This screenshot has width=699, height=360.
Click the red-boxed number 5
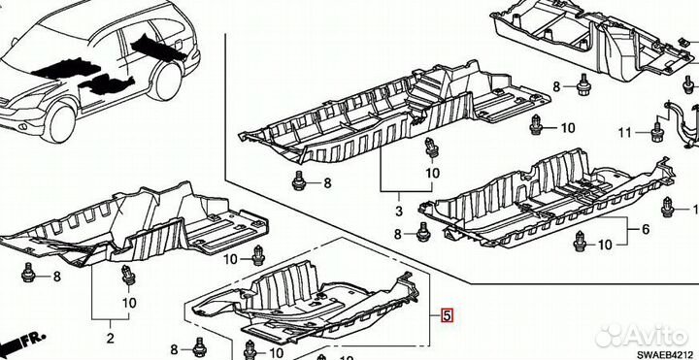click(447, 315)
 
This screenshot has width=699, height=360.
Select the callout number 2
click(110, 338)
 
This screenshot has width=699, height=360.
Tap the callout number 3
click(399, 211)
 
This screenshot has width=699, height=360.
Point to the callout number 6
click(646, 229)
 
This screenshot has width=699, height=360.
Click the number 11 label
click(625, 132)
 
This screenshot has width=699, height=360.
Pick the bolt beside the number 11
click(655, 132)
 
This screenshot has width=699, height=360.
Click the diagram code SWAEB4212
click(674, 354)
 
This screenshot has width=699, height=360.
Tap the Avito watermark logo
click(642, 336)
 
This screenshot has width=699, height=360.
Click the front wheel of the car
click(61, 121)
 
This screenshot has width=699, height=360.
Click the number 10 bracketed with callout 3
click(432, 173)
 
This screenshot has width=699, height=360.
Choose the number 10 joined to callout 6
click(605, 245)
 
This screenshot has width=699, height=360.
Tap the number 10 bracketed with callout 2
click(129, 303)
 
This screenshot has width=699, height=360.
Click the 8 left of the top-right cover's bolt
click(556, 86)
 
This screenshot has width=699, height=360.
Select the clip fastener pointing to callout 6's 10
click(580, 241)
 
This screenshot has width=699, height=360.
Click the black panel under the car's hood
click(66, 69)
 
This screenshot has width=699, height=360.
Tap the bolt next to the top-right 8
click(583, 84)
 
